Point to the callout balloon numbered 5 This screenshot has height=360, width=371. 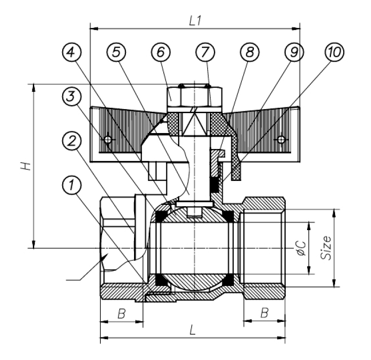(x=116, y=53)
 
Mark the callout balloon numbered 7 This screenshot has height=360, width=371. (x=204, y=53)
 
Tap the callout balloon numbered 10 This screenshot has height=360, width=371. (x=334, y=53)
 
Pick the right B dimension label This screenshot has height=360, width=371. (x=264, y=313)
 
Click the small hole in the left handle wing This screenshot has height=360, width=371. (x=107, y=140)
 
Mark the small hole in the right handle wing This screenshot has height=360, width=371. (x=280, y=140)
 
